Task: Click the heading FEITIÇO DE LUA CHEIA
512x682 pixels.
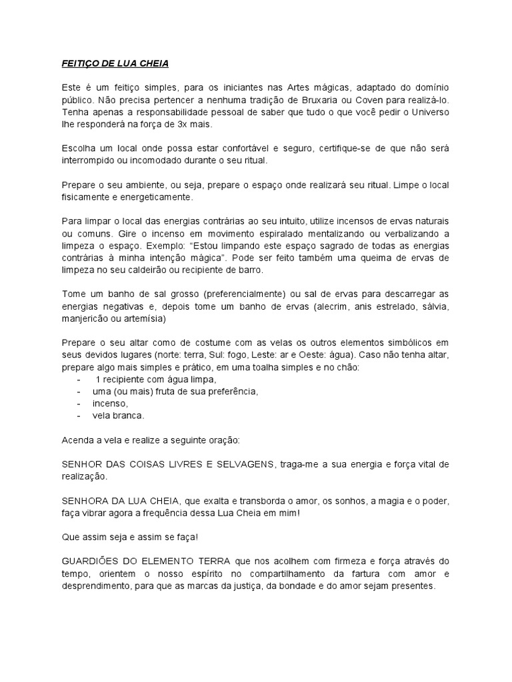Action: tap(111, 63)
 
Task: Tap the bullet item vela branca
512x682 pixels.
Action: tap(118, 415)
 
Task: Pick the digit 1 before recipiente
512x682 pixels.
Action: tap(99, 379)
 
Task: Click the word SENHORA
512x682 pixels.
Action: tap(85, 500)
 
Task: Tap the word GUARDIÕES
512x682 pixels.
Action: tap(97, 561)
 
